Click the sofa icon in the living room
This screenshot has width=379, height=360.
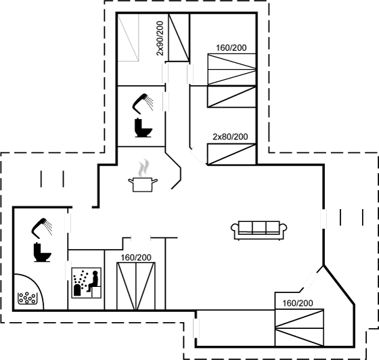point(259,230)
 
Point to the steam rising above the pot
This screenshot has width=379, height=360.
point(143,167)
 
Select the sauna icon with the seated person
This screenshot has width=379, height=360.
point(87,283)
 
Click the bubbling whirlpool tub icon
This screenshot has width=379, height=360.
point(28,298)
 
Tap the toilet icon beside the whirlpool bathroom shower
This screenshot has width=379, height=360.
point(42,252)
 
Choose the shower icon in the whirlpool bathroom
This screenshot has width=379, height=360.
point(41,227)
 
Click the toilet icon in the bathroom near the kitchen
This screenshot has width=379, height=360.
point(143,128)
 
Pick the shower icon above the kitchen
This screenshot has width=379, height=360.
point(143,104)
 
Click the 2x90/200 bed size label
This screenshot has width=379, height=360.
point(160,39)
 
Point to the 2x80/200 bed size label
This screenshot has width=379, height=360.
point(230,137)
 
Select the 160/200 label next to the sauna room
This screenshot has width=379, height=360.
point(136,258)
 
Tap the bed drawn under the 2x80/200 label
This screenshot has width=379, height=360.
point(231,154)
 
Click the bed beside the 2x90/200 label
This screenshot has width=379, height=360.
point(179,37)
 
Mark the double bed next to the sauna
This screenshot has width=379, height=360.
point(136,286)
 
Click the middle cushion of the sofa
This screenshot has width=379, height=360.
point(259,227)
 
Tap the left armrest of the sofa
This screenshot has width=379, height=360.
point(235,228)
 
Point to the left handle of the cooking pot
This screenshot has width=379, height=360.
point(131,181)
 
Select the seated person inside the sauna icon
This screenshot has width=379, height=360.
point(93,281)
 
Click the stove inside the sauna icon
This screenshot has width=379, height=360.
point(77,290)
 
